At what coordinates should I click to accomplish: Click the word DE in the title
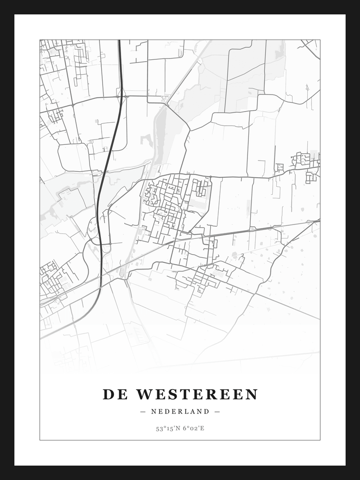[115, 395]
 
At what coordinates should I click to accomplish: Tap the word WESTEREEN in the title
[197, 395]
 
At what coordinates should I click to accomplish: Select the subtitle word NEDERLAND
[180, 411]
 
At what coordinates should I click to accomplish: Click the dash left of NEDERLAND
[143, 411]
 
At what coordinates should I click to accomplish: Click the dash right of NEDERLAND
[217, 411]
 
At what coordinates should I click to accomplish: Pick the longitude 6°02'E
[193, 428]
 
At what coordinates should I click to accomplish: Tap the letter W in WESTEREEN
[145, 395]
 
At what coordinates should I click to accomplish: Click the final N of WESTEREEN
[252, 395]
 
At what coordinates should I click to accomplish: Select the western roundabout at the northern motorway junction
[118, 96]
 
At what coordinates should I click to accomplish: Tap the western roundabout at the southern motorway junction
[91, 239]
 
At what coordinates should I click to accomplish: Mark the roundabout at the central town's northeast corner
[210, 177]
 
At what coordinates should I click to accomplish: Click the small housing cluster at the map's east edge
[302, 161]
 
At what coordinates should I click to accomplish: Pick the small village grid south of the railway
[205, 277]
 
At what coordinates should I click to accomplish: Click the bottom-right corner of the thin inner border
[320, 440]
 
